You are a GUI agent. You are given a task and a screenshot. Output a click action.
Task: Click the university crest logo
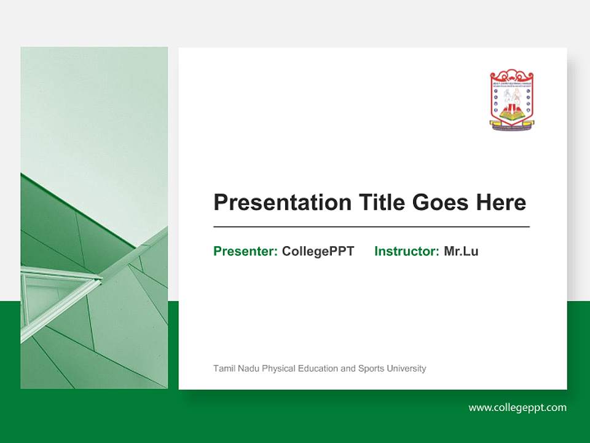(x=511, y=100)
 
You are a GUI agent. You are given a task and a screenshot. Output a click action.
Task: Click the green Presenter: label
(x=245, y=251)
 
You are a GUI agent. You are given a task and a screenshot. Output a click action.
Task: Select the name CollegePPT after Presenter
(x=318, y=251)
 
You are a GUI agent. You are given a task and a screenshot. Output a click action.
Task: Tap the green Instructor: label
(x=406, y=251)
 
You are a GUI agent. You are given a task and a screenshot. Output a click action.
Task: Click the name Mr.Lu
(x=461, y=251)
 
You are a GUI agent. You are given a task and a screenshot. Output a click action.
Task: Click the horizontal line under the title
(x=371, y=227)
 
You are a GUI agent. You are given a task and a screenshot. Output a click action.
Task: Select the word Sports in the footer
(x=371, y=369)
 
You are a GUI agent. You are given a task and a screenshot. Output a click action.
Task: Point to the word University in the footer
(x=406, y=369)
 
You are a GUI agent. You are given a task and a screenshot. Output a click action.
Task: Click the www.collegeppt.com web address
(x=517, y=407)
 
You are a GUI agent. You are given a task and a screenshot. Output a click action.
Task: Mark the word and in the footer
(x=348, y=369)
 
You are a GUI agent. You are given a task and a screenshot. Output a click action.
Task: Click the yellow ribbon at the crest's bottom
(x=511, y=125)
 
